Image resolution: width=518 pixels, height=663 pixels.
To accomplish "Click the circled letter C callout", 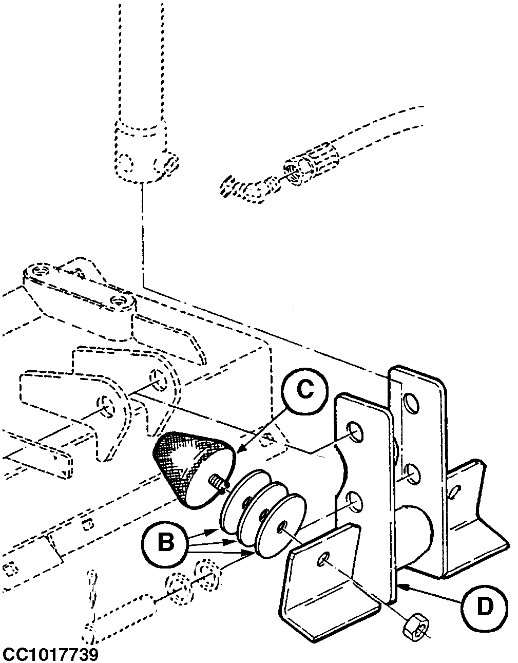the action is (x=304, y=391).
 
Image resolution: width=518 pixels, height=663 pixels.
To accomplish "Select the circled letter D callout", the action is (x=485, y=597).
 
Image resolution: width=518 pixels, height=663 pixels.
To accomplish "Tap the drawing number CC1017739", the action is (x=50, y=653).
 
